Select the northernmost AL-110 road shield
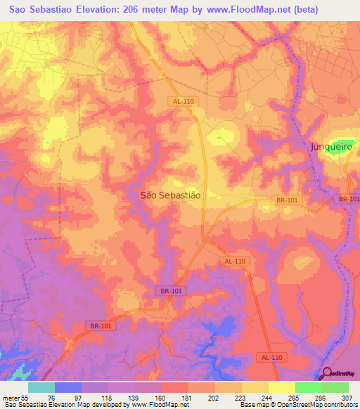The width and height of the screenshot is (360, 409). pyautogui.click(x=182, y=101)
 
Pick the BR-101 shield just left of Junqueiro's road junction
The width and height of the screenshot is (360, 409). pyautogui.click(x=288, y=200)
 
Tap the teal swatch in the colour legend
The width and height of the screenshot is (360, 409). pyautogui.click(x=41, y=388)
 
